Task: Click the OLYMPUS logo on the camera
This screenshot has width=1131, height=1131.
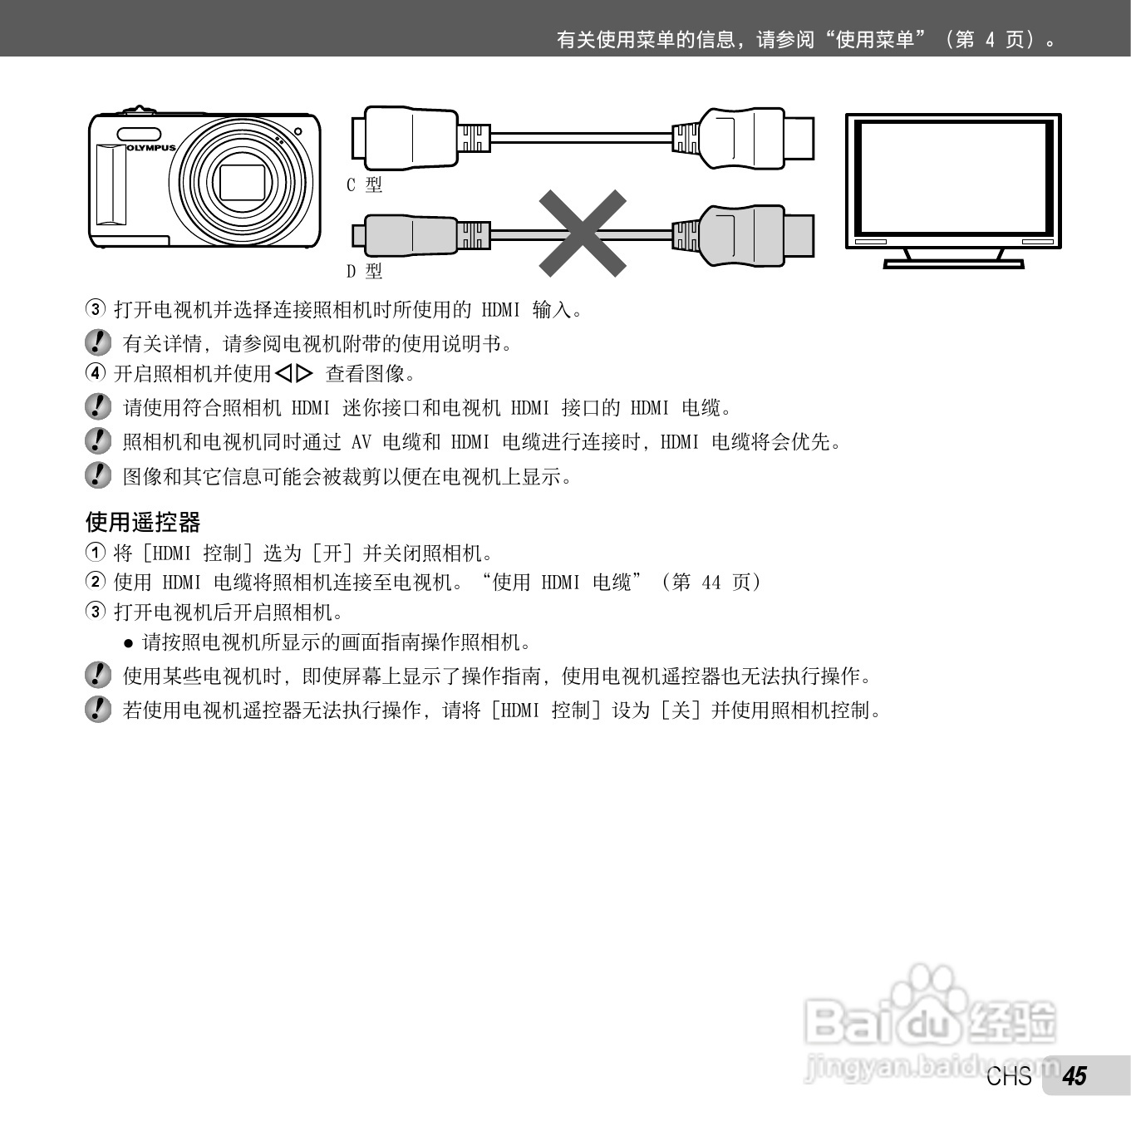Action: point(152,148)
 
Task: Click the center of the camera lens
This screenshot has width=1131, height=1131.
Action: point(242,181)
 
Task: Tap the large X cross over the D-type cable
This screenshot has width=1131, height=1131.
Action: point(583,234)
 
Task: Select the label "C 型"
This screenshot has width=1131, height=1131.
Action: point(364,184)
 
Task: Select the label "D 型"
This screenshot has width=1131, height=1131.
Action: point(364,271)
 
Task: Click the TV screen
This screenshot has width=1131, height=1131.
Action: point(953,177)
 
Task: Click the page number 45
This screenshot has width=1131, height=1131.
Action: point(1074,1076)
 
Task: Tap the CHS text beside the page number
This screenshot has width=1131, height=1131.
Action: point(1009,1077)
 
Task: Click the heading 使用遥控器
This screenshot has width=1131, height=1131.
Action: point(143,522)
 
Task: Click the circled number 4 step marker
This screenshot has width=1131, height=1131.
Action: point(96,373)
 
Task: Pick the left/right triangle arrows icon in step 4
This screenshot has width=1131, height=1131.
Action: point(294,374)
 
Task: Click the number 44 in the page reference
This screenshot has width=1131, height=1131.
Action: point(711,583)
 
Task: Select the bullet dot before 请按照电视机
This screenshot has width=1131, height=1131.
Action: point(128,642)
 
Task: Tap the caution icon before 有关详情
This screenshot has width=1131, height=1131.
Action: point(98,342)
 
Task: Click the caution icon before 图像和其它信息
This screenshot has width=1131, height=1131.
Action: point(98,475)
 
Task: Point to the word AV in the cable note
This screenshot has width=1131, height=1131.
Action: point(361,442)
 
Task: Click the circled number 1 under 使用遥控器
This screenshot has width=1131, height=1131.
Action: point(96,553)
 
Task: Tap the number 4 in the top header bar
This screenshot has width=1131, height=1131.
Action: point(989,40)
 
